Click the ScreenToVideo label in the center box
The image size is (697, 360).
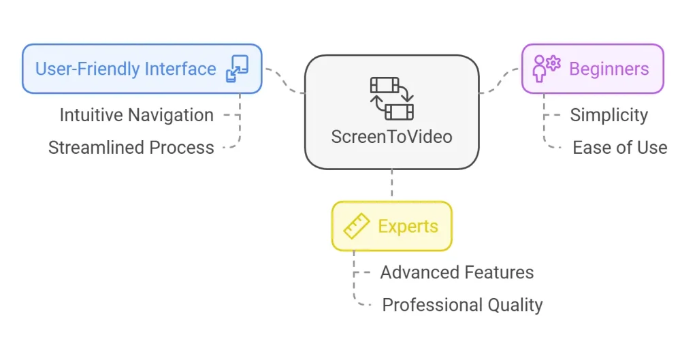click(391, 136)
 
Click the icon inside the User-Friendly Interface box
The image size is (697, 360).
click(238, 69)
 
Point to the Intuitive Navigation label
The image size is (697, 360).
click(136, 115)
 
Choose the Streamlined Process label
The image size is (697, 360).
click(131, 148)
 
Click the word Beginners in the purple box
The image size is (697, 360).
click(609, 69)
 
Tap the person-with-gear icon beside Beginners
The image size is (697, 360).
click(547, 69)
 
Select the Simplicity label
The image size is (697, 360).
click(609, 115)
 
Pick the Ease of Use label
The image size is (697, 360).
click(619, 148)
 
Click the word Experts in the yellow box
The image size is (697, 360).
click(408, 227)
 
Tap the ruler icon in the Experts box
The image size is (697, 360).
click(357, 227)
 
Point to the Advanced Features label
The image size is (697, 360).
click(457, 273)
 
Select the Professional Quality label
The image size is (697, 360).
click(462, 305)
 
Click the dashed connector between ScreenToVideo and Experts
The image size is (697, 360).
click(392, 185)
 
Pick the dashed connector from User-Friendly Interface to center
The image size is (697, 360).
click(284, 80)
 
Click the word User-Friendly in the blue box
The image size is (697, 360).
click(81, 69)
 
